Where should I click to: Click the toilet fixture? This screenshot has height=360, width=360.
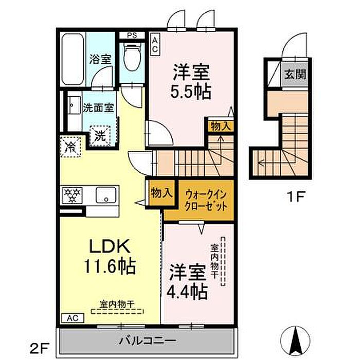pos(132,56)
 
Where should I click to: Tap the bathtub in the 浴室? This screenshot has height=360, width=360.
pos(73,59)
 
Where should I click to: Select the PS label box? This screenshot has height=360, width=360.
pos(132,35)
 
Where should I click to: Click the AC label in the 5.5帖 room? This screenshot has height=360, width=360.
pos(155,44)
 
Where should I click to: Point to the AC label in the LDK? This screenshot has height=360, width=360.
pos(73,318)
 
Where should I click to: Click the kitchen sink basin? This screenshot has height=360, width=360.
pos(106,195)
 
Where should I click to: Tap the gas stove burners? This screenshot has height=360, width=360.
pos(73,195)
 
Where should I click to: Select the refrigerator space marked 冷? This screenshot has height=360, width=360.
pos(71,147)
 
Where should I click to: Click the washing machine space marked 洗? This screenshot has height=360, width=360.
pos(100,136)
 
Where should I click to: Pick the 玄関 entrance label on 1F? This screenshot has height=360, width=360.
pos(295,75)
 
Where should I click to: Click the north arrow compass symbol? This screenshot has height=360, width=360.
pos(296,340)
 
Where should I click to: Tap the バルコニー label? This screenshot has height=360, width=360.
pos(147,340)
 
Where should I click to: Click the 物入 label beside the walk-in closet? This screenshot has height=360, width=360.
pos(161,192)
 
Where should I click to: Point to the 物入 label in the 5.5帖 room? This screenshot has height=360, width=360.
pos(221,127)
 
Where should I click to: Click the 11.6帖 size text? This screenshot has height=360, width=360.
pos(110,266)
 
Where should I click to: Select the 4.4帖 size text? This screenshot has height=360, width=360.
pos(187,292)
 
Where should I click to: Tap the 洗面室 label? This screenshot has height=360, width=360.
pos(98,108)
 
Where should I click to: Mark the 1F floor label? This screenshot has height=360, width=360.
pos(296,196)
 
